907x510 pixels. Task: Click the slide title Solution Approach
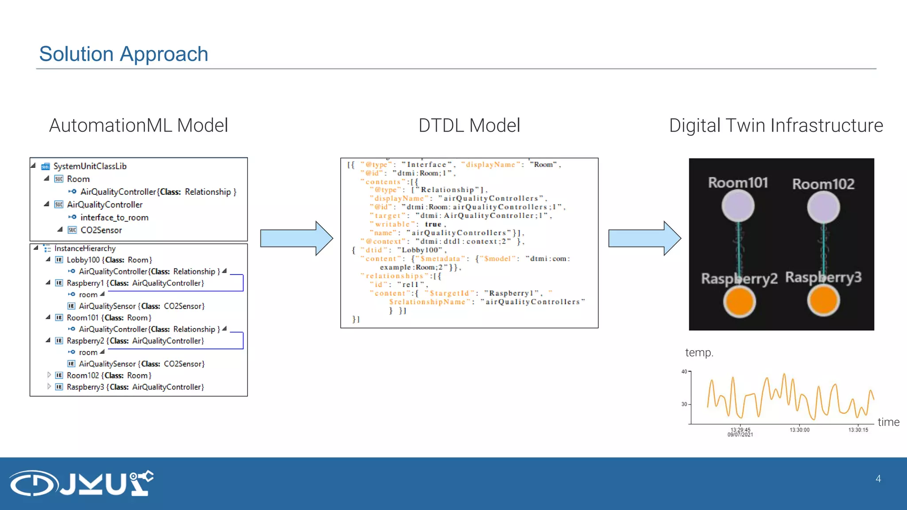point(124,54)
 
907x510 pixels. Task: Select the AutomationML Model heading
point(138,125)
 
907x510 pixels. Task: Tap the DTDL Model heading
point(469,125)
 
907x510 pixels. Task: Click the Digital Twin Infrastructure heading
point(776,125)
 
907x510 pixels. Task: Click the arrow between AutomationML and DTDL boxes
point(296,238)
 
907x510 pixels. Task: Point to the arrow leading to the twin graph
point(644,238)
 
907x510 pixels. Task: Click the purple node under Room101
point(738,206)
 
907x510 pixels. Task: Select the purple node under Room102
point(823,207)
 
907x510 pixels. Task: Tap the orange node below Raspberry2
point(739,302)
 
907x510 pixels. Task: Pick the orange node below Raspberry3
point(823,301)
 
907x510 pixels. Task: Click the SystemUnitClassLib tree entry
point(90,166)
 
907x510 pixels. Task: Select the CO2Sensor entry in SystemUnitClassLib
point(101,230)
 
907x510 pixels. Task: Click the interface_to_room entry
point(114,217)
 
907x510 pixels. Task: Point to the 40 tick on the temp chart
point(684,371)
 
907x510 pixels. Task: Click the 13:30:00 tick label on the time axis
point(799,430)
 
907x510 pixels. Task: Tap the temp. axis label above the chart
point(699,352)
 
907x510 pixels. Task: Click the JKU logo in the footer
point(82,483)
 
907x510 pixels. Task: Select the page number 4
point(878,479)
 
